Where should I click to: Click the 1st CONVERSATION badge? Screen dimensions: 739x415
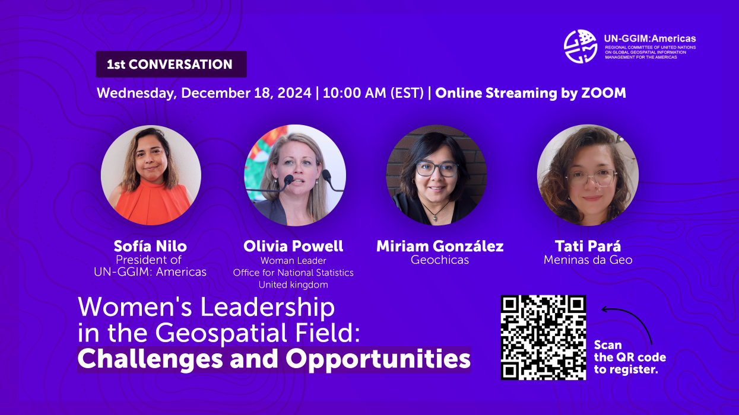click(171, 64)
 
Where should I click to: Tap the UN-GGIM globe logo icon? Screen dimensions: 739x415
click(581, 46)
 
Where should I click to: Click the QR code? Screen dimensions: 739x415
click(543, 337)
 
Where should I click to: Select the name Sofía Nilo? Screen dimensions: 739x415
click(150, 246)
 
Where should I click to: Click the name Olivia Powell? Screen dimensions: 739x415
click(293, 246)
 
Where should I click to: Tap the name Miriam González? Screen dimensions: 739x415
click(440, 246)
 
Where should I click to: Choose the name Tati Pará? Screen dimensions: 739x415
click(588, 246)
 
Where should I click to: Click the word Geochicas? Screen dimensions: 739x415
click(440, 260)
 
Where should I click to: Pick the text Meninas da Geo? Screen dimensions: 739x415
click(588, 260)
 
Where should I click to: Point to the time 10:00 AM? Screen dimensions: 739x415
click(354, 93)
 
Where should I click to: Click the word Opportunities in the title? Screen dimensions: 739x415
click(378, 360)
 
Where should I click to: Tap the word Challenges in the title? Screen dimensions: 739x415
click(150, 360)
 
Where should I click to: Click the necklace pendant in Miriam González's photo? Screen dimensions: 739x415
click(436, 218)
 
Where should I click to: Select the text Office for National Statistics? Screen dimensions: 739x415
click(293, 273)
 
